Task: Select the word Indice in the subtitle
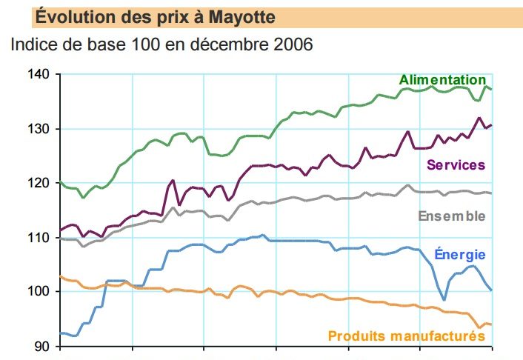tap(34, 44)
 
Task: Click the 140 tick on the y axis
tap(38, 75)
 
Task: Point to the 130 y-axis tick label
tap(38, 129)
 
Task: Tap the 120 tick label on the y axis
tap(38, 183)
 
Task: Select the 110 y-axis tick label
tap(38, 238)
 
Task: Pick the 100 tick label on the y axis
tap(38, 292)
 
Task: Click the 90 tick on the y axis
tap(41, 346)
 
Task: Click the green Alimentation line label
tap(442, 79)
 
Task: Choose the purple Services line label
tap(455, 164)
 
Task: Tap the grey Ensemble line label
tap(452, 216)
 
